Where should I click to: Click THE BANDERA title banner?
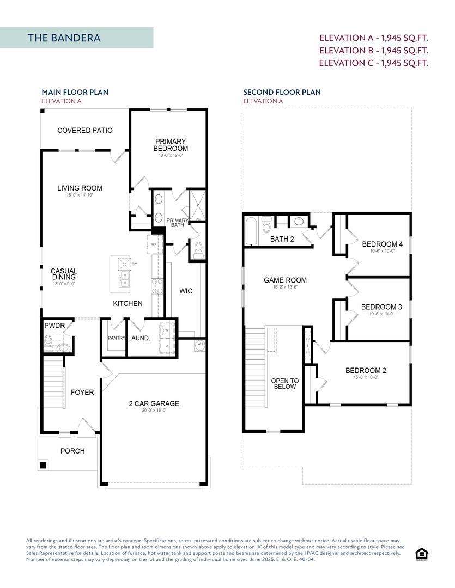point(76,38)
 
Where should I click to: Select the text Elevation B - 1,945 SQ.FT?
point(373,50)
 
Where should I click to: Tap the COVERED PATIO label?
point(85,130)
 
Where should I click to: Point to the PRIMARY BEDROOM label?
point(170,145)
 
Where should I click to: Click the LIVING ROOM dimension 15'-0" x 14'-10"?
point(80,195)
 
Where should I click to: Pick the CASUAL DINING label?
point(64,274)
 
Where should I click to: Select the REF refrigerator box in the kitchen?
point(154,245)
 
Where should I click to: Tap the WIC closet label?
point(186,291)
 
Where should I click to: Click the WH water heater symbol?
point(200,344)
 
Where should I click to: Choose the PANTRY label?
point(117,338)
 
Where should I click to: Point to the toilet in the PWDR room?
point(50,343)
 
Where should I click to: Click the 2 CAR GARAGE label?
point(154,403)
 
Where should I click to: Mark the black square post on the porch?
point(43,465)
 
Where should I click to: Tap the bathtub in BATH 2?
point(252,230)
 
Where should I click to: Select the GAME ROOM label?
point(285,280)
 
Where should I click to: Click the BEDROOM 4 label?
point(382,244)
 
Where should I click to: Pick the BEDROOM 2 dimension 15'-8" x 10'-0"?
point(366,377)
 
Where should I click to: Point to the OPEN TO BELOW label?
point(285,384)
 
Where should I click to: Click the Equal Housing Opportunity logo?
point(421,554)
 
